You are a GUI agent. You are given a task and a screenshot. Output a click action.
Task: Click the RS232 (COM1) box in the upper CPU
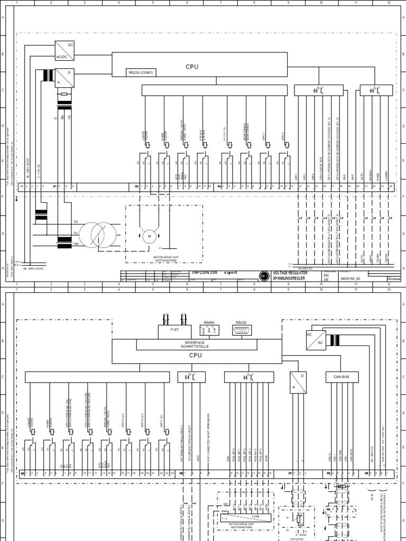(140, 72)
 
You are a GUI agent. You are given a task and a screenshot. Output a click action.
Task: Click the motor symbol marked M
(149, 235)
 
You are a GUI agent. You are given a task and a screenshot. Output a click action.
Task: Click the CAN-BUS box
(339, 377)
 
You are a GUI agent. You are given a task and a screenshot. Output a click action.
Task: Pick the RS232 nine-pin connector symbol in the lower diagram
(242, 331)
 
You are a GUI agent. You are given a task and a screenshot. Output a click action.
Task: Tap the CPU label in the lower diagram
(196, 356)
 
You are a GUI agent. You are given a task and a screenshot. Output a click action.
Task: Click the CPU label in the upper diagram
(191, 67)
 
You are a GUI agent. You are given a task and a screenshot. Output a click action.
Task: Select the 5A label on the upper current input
(62, 119)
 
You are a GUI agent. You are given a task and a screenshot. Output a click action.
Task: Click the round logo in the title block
(263, 275)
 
